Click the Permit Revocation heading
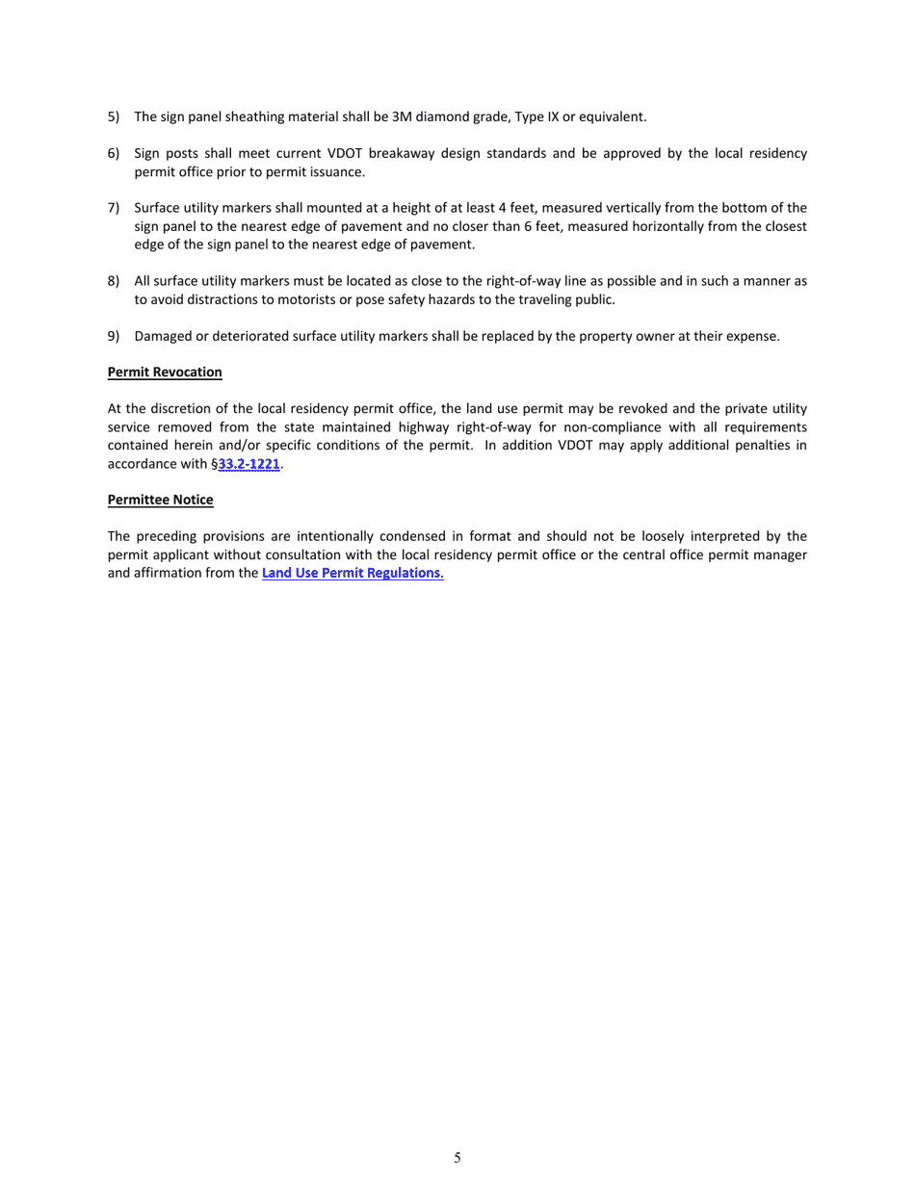(x=165, y=372)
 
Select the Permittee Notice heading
(x=160, y=500)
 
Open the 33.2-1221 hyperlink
(x=248, y=464)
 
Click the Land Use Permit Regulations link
(x=353, y=574)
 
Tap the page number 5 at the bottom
(x=457, y=1158)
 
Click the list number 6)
(x=114, y=153)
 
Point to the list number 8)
(x=114, y=281)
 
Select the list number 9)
(x=114, y=336)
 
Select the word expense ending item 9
(x=753, y=336)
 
